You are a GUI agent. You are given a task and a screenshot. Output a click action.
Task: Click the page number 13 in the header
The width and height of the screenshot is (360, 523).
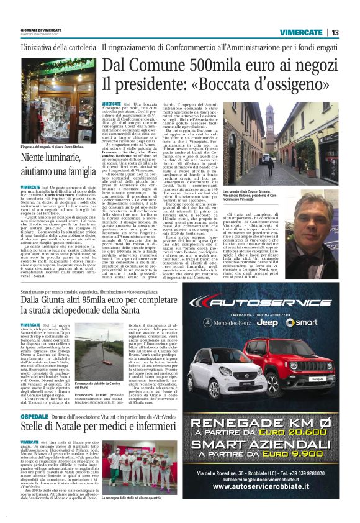[x=335, y=32]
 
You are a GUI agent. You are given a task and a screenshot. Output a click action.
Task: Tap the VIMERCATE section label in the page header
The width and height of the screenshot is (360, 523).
[x=301, y=32]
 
